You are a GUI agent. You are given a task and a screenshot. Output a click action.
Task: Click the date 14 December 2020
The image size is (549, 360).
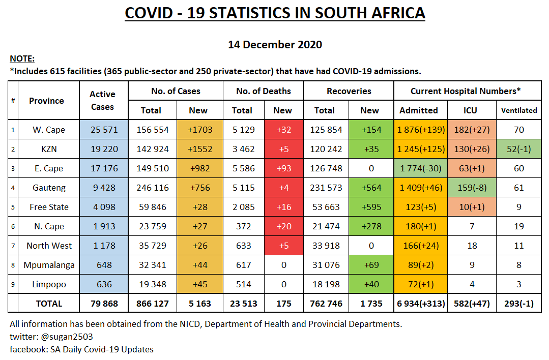pos(275,45)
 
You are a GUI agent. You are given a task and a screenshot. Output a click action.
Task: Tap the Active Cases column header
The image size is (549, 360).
pos(102,100)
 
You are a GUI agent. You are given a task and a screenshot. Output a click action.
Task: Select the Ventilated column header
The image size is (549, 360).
pos(519,110)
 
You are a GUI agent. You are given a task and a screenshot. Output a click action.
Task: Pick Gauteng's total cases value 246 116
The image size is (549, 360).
pos(152,188)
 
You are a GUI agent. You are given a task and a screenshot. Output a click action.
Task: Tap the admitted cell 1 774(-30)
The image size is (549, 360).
pos(420,168)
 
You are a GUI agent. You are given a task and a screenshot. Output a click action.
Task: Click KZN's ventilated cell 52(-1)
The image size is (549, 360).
pos(519,149)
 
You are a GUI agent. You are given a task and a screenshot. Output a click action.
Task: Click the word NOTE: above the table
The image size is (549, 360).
pos(22,59)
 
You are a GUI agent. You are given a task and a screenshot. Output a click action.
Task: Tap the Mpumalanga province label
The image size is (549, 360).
pos(49,265)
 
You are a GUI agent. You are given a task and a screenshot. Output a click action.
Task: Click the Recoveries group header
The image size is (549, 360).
pos(349,91)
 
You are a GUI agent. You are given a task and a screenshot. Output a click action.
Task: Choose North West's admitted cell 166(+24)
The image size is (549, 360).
pos(420,246)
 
